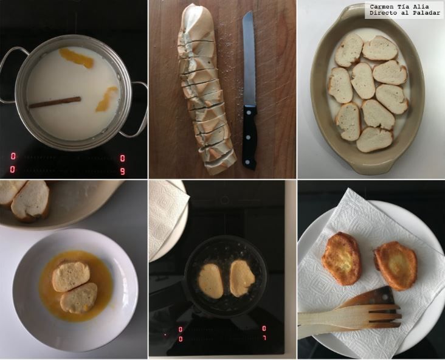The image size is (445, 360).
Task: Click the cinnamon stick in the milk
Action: coord(55,102)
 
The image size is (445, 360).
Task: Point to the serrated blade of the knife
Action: coord(249,58)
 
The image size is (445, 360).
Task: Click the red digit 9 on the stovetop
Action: coord(123,171)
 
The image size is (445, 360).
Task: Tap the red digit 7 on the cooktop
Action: coord(264,338)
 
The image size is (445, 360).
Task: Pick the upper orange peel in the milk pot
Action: coord(76,58)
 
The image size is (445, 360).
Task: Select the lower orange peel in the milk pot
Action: coord(106,99)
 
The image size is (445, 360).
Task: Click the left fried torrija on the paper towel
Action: coord(342,258)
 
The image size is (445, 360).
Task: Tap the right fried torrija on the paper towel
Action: coord(396,266)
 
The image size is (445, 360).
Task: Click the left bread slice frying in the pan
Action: coord(211,281)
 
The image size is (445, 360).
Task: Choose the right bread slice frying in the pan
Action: coord(241,279)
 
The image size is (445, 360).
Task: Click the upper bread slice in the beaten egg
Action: coord(71,277)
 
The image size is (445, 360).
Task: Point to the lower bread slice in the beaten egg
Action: coord(78,298)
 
